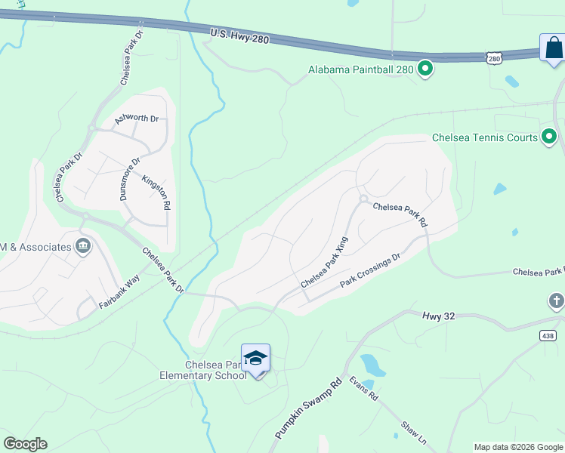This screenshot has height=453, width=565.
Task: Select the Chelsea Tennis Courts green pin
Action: [549, 137]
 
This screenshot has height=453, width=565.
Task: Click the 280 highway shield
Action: [493, 58]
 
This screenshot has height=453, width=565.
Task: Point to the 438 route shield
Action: [548, 334]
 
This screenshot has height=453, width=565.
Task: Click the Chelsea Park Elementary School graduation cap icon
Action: [255, 358]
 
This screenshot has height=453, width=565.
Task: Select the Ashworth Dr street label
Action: [137, 119]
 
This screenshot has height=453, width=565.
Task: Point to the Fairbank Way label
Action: [119, 291]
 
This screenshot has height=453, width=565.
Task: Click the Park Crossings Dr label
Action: [369, 272]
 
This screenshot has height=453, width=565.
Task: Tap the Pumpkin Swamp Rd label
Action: [308, 409]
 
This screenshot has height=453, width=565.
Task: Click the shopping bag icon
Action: [553, 48]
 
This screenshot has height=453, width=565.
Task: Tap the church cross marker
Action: [556, 302]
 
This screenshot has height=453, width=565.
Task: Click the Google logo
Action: [25, 444]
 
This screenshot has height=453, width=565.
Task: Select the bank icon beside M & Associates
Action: [83, 246]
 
